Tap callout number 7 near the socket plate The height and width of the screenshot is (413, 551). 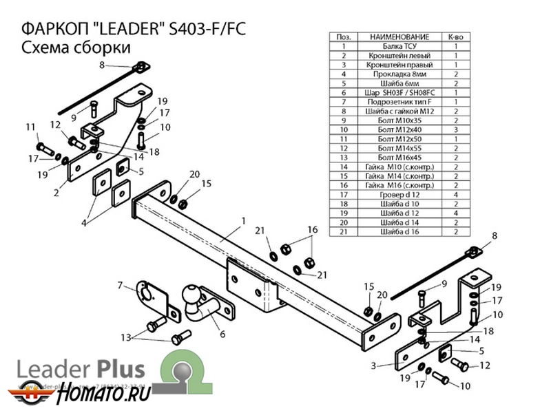pyautogui.click(x=119, y=284)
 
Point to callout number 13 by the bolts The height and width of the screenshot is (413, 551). pyautogui.click(x=125, y=337)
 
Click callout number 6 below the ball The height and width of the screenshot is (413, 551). pyautogui.click(x=222, y=335)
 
